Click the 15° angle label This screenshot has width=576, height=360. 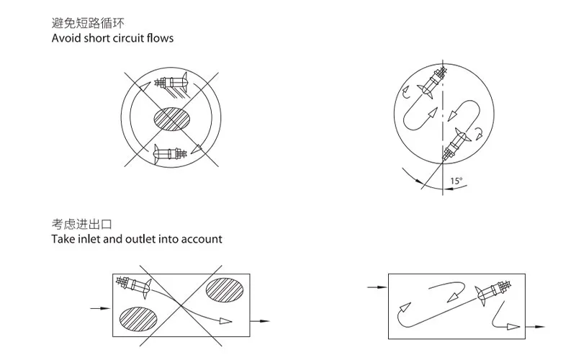(x=456, y=181)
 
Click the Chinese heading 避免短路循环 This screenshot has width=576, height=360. (x=88, y=23)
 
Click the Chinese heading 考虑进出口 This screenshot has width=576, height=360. (x=81, y=224)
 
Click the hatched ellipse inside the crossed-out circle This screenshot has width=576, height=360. (x=172, y=119)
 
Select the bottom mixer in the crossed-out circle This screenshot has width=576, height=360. (x=171, y=153)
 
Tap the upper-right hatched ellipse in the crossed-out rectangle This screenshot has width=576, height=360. (x=225, y=290)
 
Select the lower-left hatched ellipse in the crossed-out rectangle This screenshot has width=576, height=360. (x=138, y=318)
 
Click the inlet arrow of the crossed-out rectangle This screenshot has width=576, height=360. (x=100, y=308)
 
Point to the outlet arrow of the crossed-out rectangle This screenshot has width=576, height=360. (x=260, y=321)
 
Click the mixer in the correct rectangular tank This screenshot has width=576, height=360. (x=493, y=292)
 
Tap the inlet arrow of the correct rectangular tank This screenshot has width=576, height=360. (x=377, y=287)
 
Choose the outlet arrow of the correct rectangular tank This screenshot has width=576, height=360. (x=536, y=327)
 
